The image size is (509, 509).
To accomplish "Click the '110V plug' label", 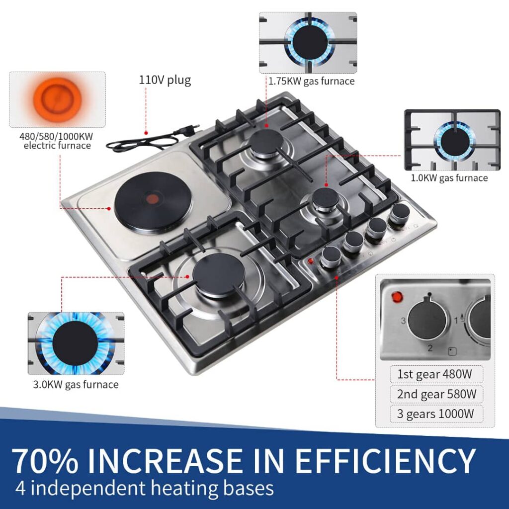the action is (165, 80).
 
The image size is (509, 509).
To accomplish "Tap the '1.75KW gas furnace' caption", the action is (311, 81).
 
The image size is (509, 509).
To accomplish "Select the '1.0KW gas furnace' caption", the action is (449, 178).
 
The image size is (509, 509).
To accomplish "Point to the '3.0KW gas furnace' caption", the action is (76, 385).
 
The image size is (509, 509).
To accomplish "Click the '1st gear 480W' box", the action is (436, 374).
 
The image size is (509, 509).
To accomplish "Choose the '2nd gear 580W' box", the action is (436, 394).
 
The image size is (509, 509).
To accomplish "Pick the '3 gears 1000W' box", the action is (436, 414).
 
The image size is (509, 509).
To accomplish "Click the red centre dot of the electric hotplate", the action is (152, 198).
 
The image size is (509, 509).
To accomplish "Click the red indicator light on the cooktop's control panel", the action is (311, 260).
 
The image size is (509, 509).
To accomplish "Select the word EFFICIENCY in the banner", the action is (385, 461).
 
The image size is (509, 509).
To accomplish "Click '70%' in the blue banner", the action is (45, 461).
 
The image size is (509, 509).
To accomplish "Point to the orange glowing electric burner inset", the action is (57, 99).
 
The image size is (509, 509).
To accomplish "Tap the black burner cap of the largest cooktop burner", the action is (217, 271).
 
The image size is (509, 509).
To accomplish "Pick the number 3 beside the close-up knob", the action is (403, 321).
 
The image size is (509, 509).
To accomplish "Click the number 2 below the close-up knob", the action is (430, 348).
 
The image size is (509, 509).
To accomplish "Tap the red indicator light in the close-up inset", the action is (397, 297).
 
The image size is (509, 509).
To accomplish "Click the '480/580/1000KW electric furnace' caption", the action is (57, 141).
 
